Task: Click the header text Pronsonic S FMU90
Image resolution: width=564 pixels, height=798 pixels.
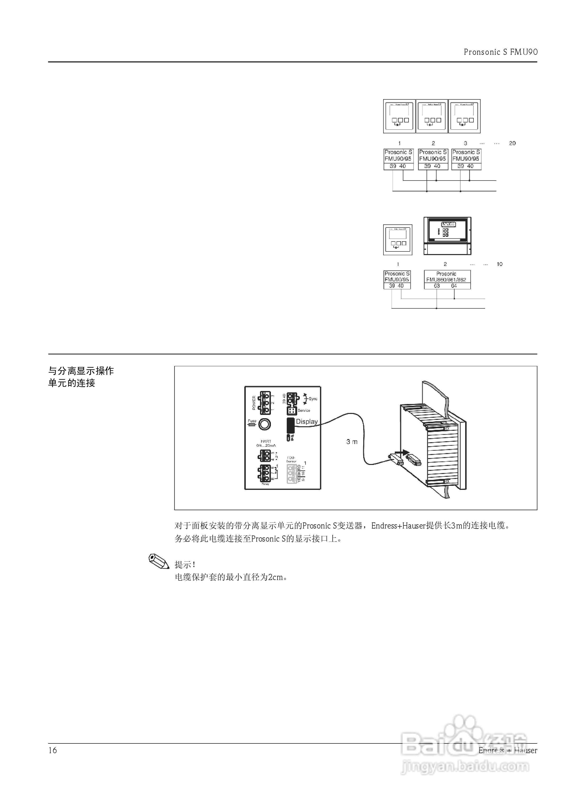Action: point(500,52)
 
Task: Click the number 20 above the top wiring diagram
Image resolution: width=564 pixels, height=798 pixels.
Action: point(512,143)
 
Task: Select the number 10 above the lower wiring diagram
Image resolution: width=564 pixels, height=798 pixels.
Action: point(499,264)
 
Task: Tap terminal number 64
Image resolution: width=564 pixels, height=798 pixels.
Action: point(454,286)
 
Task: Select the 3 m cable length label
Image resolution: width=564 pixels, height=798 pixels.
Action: point(352,442)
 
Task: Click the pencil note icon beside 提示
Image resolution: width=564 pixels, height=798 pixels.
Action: point(159,560)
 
